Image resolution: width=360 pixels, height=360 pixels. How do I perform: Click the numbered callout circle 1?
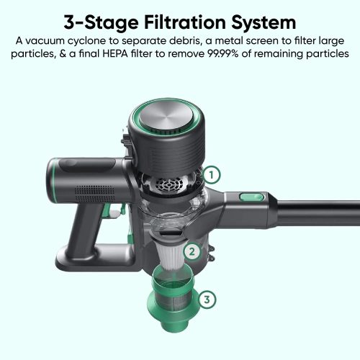pyautogui.click(x=212, y=175)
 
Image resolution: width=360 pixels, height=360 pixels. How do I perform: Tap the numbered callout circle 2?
pyautogui.click(x=192, y=252)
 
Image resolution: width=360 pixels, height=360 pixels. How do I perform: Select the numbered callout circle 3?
pyautogui.click(x=207, y=300)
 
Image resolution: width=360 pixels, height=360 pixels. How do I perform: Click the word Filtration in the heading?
pyautogui.click(x=185, y=22)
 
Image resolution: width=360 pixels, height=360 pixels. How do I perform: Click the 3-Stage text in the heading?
pyautogui.click(x=101, y=23)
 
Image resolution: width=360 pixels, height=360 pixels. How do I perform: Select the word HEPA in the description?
pyautogui.click(x=115, y=53)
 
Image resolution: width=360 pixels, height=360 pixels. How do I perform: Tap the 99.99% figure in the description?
pyautogui.click(x=223, y=53)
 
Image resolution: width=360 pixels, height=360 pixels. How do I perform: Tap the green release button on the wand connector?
pyautogui.click(x=252, y=197)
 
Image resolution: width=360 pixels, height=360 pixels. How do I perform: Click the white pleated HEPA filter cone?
pyautogui.click(x=171, y=256)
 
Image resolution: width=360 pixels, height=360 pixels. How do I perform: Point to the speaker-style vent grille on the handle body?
pyautogui.click(x=95, y=194)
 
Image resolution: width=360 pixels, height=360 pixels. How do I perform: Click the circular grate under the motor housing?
pyautogui.click(x=169, y=185)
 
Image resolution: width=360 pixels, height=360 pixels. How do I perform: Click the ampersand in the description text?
pyautogui.click(x=63, y=53)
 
